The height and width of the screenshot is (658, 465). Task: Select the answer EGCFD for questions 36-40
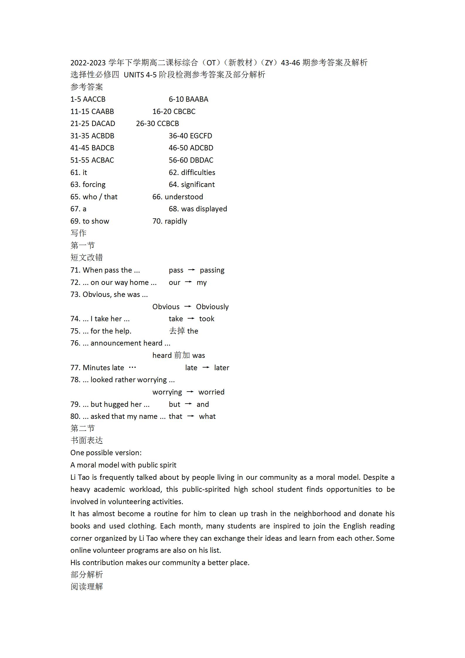click(201, 136)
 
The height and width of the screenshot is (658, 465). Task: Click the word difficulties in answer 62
click(198, 173)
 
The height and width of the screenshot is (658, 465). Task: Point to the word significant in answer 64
click(198, 185)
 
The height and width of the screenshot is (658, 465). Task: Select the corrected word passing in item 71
click(212, 270)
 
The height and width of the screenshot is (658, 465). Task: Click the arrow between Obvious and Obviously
click(188, 307)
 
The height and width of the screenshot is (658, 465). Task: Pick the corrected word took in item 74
click(207, 319)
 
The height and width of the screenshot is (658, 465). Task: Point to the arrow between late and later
click(206, 368)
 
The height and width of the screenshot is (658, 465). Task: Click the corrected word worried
click(211, 392)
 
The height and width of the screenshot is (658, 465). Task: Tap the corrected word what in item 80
click(207, 416)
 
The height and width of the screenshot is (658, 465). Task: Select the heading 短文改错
click(87, 258)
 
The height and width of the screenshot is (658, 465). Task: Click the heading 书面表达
click(87, 441)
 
